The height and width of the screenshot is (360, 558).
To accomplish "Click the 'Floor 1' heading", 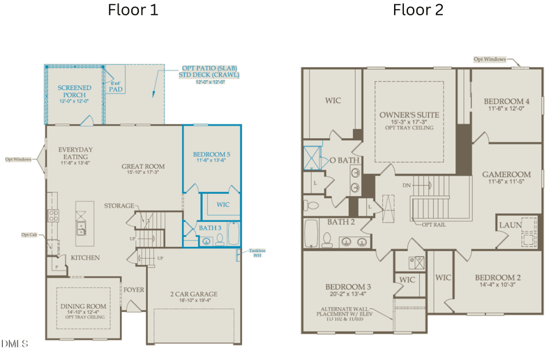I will point(133,10).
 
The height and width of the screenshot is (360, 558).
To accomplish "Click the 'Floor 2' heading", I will point(418,10).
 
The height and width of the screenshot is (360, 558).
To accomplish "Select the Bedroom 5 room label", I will point(211,154).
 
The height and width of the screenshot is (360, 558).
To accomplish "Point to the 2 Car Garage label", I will point(194,294).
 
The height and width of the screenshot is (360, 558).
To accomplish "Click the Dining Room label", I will point(83,306).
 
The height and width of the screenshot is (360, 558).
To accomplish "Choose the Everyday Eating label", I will point(75,149).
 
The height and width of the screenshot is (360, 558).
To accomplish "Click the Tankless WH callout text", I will point(257,253).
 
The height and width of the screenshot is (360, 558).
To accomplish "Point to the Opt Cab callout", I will point(29,234).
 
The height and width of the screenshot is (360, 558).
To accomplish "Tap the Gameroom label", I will point(506,174).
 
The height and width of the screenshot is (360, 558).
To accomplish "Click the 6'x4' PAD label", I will point(116,87).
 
